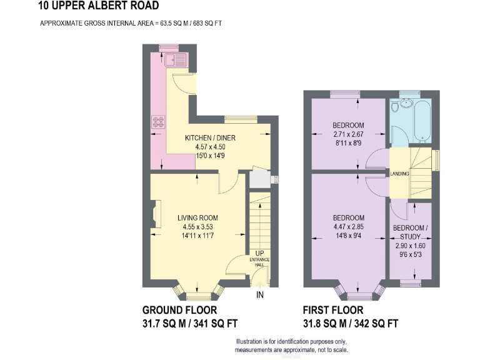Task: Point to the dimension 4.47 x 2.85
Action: pos(348,226)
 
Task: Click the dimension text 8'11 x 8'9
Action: pos(348,142)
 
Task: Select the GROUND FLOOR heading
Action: pos(179,310)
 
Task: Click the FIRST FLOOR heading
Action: pos(332,310)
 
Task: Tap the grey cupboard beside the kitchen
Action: pos(259,179)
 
